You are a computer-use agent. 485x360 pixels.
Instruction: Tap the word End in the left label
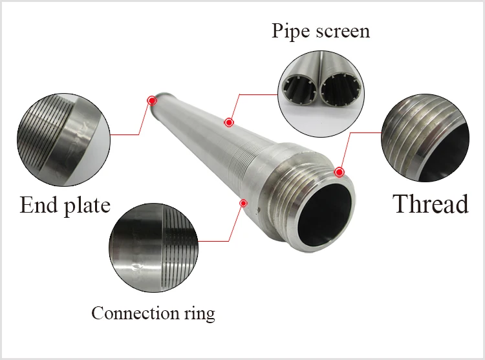click(x=39, y=205)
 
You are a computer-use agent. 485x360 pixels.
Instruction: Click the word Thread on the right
click(x=431, y=204)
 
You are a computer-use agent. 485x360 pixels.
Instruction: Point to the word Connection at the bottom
click(x=135, y=313)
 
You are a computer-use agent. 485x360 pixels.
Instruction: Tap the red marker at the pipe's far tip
click(x=151, y=100)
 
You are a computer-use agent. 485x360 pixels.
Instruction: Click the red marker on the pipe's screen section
click(x=228, y=122)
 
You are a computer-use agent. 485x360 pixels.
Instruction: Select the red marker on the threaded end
click(x=339, y=172)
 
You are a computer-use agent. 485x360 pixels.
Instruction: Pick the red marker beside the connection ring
click(x=244, y=203)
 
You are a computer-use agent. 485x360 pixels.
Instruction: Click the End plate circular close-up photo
click(x=64, y=140)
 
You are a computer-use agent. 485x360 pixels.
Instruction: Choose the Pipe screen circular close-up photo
click(x=321, y=94)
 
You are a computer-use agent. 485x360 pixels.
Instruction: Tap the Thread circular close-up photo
click(x=426, y=138)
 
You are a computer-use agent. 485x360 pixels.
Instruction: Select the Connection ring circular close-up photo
click(x=154, y=248)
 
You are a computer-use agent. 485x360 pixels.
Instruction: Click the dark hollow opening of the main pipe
click(x=325, y=214)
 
